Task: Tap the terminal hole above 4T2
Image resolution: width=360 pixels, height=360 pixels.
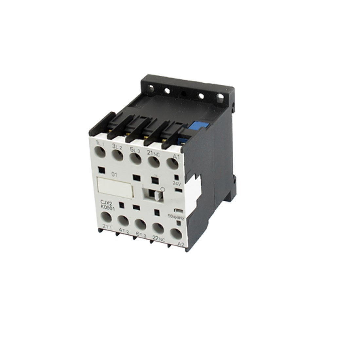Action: [x=122, y=221]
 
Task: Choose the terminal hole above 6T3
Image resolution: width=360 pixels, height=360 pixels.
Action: [x=140, y=224]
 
